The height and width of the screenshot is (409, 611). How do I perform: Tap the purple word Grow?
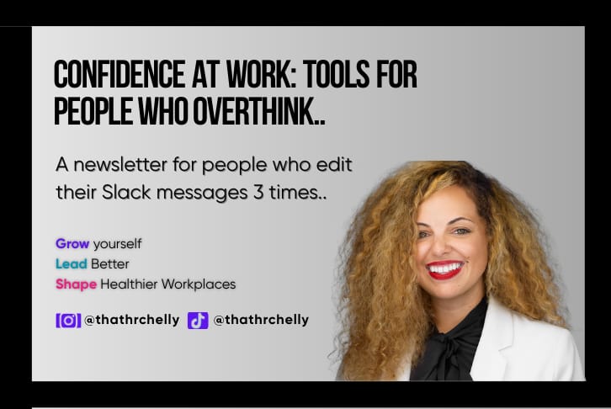click(x=72, y=244)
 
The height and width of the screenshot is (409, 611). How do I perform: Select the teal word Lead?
click(x=72, y=264)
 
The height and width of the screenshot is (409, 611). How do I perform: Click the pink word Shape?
click(x=76, y=284)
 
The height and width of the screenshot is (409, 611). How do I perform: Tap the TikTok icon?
click(x=198, y=321)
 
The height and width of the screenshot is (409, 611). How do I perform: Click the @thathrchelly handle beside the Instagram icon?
click(x=131, y=321)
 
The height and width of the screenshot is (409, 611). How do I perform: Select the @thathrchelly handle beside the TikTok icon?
click(x=261, y=321)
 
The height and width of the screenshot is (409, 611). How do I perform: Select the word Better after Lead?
click(x=112, y=264)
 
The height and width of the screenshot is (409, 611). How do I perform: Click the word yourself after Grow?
click(x=117, y=244)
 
